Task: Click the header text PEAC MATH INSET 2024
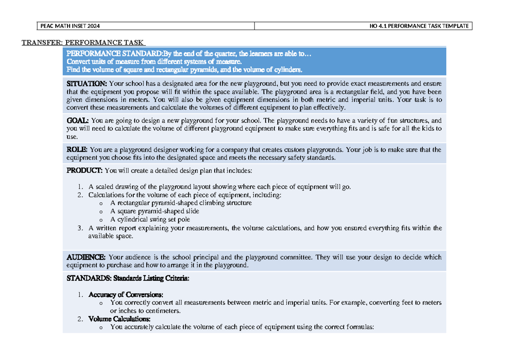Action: (70, 26)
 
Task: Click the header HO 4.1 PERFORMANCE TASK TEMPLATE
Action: (419, 26)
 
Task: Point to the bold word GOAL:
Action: (78, 120)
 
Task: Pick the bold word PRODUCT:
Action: (84, 170)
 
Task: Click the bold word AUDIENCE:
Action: (87, 257)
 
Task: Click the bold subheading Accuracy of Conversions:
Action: (126, 295)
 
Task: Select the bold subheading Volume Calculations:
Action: (119, 319)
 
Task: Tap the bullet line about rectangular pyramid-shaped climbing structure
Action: (181, 203)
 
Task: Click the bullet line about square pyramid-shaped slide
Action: (154, 211)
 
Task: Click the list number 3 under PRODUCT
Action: (80, 228)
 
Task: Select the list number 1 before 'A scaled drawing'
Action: (80, 187)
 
